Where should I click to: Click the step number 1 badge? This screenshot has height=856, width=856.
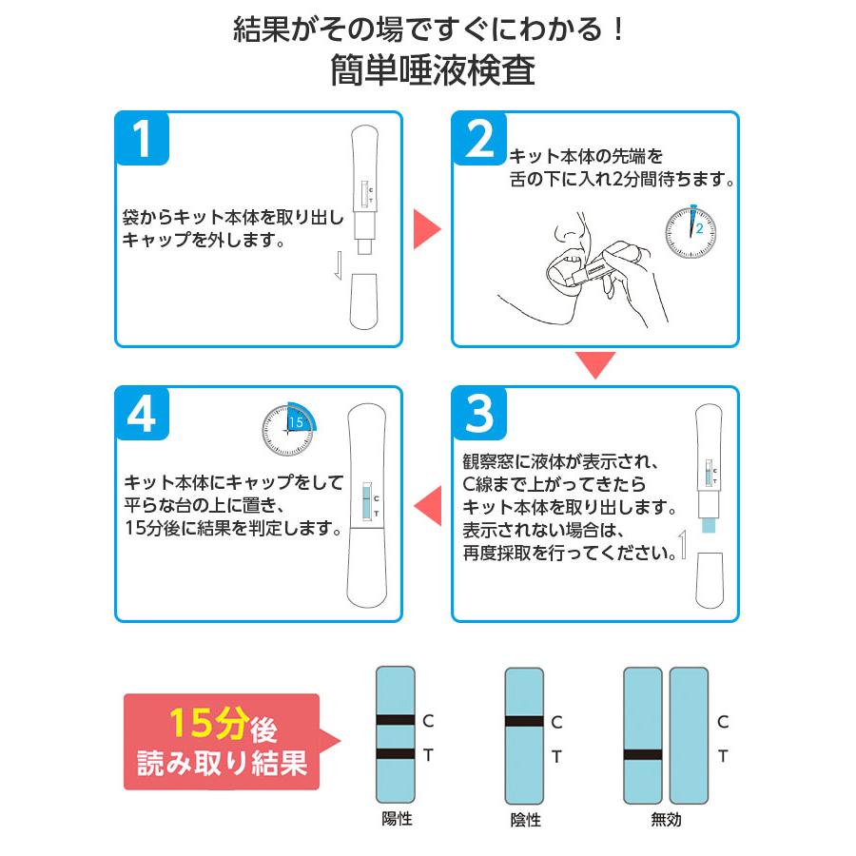pyautogui.click(x=143, y=139)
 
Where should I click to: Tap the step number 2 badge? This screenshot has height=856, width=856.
pyautogui.click(x=479, y=139)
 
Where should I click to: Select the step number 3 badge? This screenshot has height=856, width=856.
pyautogui.click(x=479, y=414)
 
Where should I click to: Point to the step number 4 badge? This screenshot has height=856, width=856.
pyautogui.click(x=143, y=414)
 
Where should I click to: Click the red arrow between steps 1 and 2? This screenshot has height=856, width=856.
pyautogui.click(x=426, y=229)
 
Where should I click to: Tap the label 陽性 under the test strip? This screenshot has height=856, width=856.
pyautogui.click(x=396, y=819)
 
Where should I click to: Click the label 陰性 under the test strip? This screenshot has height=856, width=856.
pyautogui.click(x=524, y=819)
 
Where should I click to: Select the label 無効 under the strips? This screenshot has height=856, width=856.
pyautogui.click(x=666, y=819)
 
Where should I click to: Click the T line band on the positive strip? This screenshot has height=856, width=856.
pyautogui.click(x=396, y=754)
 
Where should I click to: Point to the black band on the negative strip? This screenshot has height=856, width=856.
pyautogui.click(x=524, y=721)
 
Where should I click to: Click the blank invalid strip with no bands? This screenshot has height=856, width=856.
pyautogui.click(x=689, y=735)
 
